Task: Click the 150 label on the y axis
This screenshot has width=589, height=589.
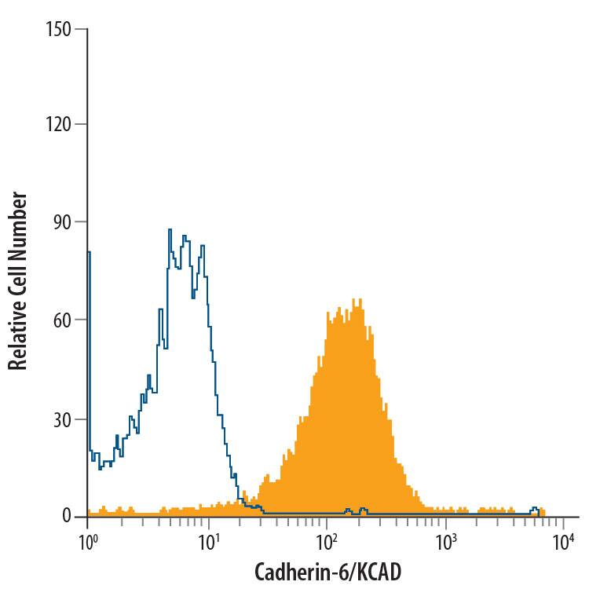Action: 58,30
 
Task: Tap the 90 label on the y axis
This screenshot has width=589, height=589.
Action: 61,222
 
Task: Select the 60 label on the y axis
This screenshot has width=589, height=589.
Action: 61,320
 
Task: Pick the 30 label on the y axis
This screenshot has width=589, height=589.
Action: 61,419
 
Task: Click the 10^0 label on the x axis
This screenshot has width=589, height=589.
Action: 88,541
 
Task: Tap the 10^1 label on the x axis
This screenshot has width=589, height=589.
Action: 207,541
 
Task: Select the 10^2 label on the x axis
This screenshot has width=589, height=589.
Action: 326,541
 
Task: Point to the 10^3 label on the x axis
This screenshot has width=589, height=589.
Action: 445,541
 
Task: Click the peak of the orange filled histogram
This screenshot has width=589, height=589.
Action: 355,299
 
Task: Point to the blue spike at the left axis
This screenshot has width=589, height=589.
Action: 89,253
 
